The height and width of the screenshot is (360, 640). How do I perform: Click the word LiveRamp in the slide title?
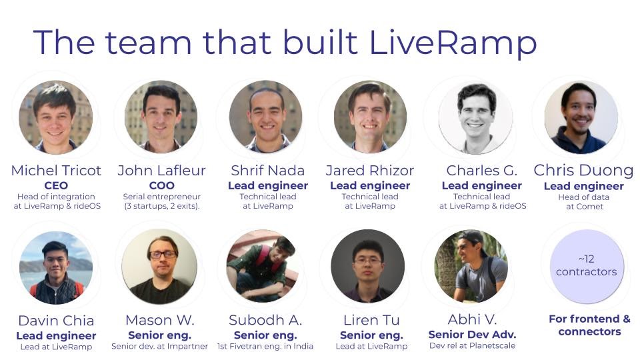(x=453, y=43)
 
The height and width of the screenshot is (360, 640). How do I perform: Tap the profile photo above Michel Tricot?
(x=55, y=117)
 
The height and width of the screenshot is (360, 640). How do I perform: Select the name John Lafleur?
(x=161, y=171)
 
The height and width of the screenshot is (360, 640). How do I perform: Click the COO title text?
(x=161, y=186)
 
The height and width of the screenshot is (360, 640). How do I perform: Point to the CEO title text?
(x=56, y=186)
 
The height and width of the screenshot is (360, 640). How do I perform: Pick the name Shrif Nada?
(x=268, y=171)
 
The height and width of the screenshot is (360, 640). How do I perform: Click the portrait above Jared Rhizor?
(x=370, y=117)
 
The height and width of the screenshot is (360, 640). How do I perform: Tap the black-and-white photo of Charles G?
(x=475, y=117)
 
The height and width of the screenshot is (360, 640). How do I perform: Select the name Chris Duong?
(x=584, y=171)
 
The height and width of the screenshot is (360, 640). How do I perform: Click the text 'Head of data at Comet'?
(x=584, y=201)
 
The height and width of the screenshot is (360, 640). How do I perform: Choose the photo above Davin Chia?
(x=56, y=268)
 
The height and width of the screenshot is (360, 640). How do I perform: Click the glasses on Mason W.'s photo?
(x=163, y=255)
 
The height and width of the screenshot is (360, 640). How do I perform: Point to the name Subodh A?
(x=265, y=321)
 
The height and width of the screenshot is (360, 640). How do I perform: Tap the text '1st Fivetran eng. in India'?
(x=265, y=347)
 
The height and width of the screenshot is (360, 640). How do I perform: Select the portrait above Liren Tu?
(x=368, y=266)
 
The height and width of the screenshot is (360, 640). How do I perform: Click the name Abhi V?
(x=472, y=319)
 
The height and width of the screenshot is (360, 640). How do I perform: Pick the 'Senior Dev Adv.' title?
(x=472, y=335)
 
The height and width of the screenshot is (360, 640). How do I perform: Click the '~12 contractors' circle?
(x=587, y=266)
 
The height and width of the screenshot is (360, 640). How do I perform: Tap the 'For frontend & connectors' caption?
(x=589, y=325)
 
